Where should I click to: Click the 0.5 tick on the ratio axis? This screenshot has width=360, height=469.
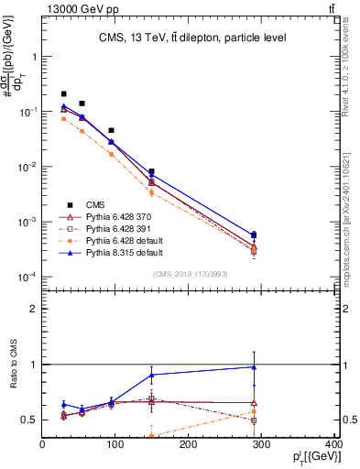(x=32, y=420)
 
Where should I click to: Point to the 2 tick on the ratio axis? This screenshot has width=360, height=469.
(x=35, y=309)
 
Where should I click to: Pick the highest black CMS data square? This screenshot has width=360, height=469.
(x=63, y=93)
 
